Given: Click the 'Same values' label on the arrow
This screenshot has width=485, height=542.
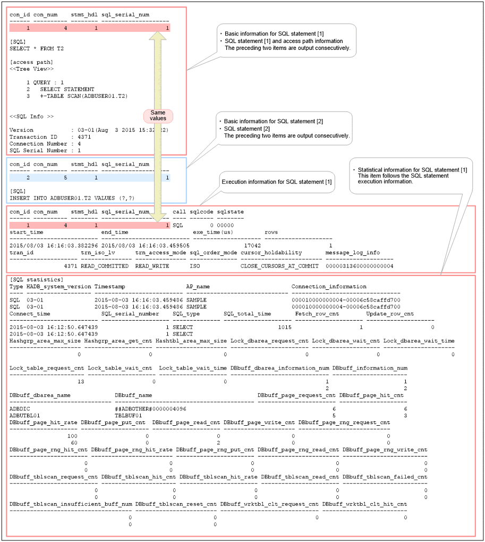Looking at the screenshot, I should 158,115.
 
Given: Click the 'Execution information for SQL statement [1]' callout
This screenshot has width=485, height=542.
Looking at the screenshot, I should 277,182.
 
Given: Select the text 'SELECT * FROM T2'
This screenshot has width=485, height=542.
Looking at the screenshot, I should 37,48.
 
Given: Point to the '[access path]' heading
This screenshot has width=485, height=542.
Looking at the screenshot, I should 31,62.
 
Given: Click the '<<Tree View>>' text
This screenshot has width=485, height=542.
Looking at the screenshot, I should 31,68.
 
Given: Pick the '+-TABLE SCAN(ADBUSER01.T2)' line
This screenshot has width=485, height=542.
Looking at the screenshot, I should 84,96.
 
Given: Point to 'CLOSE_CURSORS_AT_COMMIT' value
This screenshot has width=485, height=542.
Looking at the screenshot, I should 279,266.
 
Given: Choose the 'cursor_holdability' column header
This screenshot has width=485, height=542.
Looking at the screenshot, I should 271,253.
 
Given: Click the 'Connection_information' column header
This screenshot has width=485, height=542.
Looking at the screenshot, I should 329,287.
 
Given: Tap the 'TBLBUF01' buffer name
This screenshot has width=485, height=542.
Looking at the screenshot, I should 129,415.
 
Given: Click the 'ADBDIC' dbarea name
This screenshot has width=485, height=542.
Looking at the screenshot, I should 20,409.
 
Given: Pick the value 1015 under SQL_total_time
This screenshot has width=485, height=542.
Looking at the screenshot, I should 284,328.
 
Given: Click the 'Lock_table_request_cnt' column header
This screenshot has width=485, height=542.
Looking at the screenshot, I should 47,368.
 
